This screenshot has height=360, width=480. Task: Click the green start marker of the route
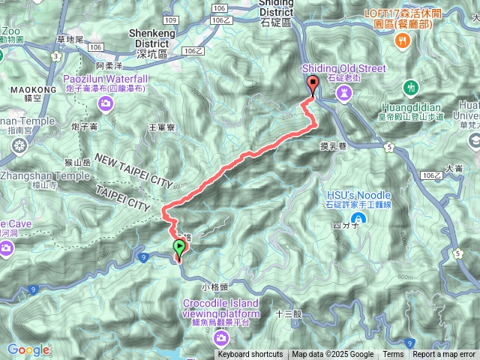point(179,247)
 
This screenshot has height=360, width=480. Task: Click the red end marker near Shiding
point(313,84)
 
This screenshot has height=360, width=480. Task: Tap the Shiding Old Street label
point(346,69)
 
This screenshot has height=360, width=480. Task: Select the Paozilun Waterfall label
point(105,79)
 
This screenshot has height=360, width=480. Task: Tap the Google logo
point(28,349)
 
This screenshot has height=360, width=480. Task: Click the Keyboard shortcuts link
point(250,355)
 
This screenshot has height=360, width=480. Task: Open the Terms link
point(393,355)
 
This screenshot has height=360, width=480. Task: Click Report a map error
point(444,355)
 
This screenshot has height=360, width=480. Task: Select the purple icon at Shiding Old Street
point(345,91)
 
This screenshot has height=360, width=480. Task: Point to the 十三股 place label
point(288,314)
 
